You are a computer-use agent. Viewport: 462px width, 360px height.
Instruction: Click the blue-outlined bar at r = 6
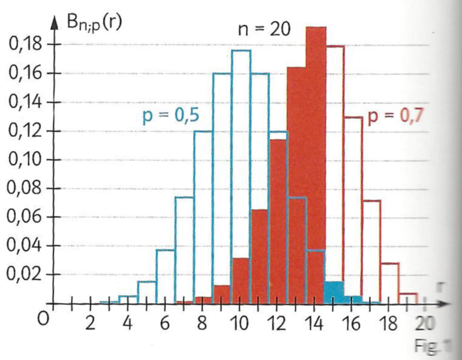click(166, 276)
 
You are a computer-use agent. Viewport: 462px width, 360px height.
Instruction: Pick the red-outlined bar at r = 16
click(353, 210)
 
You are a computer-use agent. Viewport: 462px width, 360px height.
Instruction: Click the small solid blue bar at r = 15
click(334, 292)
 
